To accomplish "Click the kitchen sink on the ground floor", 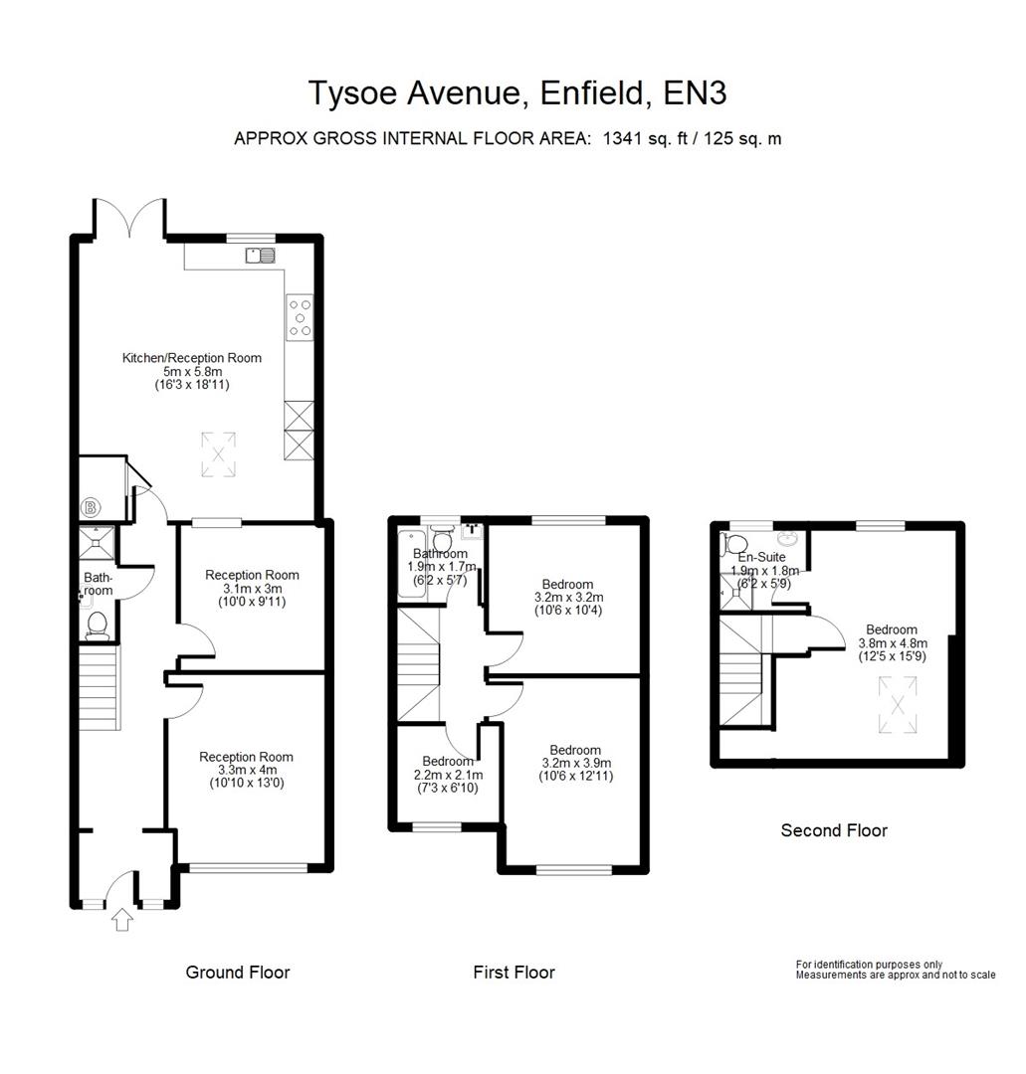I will click(x=260, y=257).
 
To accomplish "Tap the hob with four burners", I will click(x=300, y=317).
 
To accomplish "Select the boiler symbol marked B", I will click(x=93, y=508).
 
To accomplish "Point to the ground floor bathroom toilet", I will click(x=97, y=625).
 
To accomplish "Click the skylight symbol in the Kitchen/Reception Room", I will click(x=218, y=453).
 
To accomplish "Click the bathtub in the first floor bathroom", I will click(x=411, y=568).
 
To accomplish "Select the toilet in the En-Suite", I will click(x=735, y=543).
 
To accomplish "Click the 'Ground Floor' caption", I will click(x=238, y=972).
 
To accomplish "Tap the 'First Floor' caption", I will click(x=513, y=972).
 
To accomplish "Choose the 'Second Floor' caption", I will click(x=833, y=830).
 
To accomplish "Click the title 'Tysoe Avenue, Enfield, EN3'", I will click(x=516, y=92).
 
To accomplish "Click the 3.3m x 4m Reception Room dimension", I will click(x=246, y=770).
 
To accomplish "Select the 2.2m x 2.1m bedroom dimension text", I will click(x=447, y=775).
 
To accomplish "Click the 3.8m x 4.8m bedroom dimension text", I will click(x=891, y=642).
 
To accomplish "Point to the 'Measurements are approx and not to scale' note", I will click(x=895, y=976).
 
